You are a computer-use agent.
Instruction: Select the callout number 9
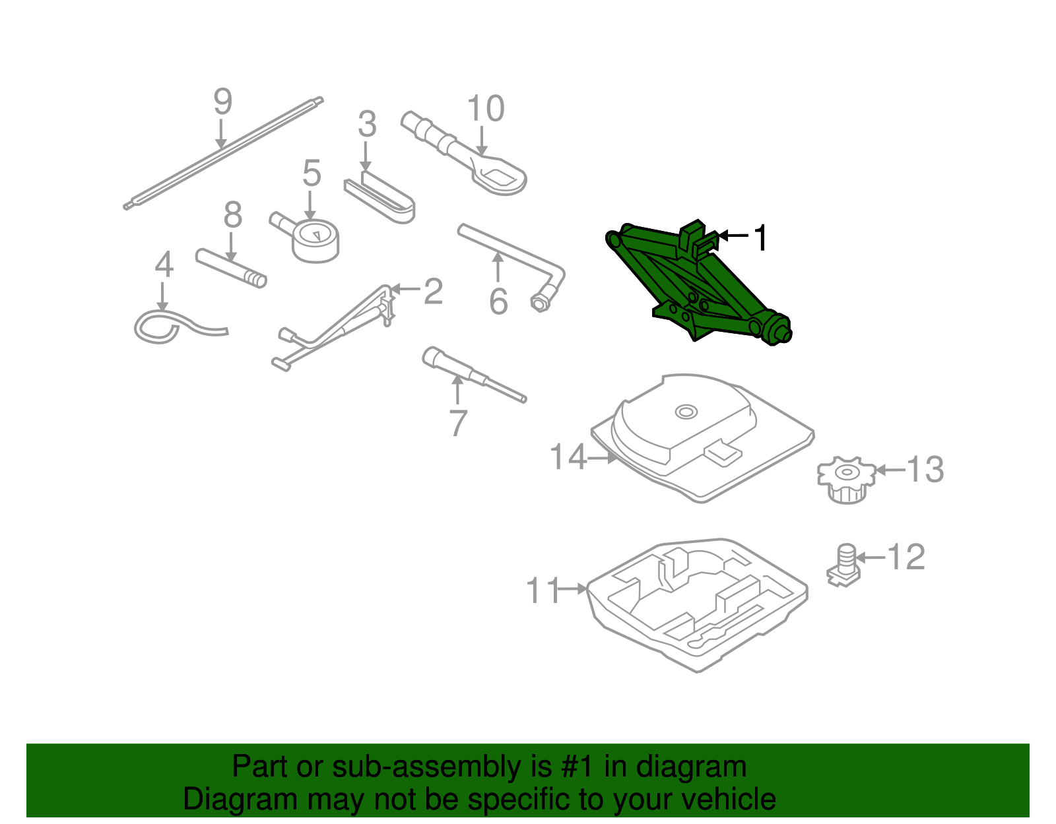point(223,102)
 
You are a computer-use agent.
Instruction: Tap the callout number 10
point(486,108)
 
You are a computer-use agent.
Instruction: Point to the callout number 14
point(568,457)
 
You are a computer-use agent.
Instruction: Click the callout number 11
point(543,590)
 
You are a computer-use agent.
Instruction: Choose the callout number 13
point(925,470)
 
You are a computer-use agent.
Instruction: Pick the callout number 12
point(906,557)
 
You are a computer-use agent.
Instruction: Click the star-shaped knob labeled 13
point(847,479)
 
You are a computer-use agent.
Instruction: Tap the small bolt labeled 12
point(844,565)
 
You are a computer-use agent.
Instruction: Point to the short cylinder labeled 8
point(231,268)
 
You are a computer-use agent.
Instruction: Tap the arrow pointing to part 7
point(457,391)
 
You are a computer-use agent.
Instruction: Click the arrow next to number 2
point(405,290)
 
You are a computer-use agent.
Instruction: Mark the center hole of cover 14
point(686,412)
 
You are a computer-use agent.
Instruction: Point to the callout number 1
point(761,238)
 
